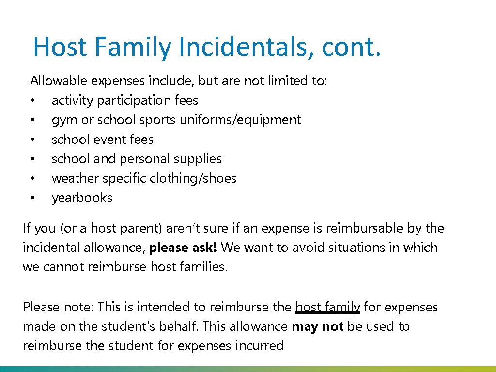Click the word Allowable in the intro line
click(x=57, y=81)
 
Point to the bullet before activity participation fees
click(x=32, y=101)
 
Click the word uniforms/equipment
click(x=240, y=120)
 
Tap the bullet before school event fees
click(x=32, y=140)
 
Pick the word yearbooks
click(x=82, y=198)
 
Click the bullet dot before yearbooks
click(x=32, y=198)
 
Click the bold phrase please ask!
click(x=184, y=248)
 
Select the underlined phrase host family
click(x=327, y=307)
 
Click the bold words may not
click(x=318, y=326)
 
